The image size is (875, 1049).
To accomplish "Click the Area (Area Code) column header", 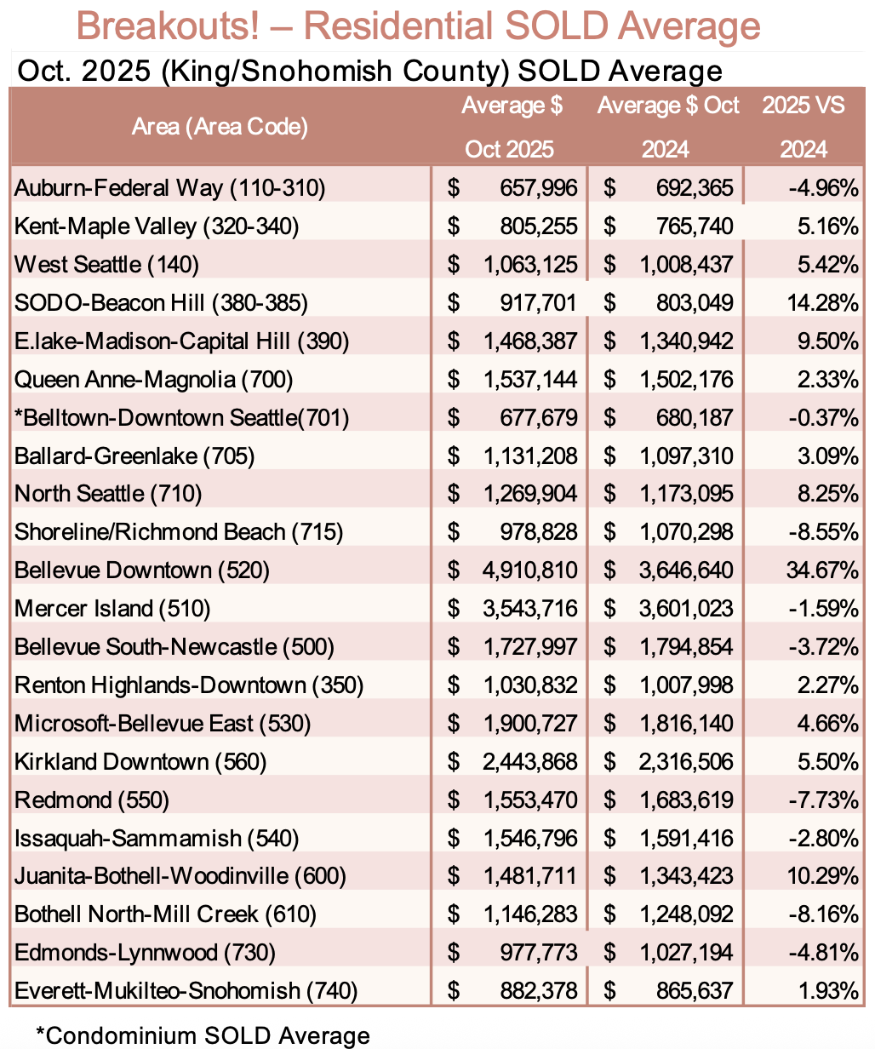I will pos(220,128).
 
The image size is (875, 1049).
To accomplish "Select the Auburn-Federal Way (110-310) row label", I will pos(169,187).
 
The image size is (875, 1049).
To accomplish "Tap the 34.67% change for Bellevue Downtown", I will pos(824,570).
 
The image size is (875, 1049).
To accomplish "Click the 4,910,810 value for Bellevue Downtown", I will pos(529,570).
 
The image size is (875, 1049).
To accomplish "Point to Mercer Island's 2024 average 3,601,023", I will pos(684,608).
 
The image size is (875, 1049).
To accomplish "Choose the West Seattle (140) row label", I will pos(106,264).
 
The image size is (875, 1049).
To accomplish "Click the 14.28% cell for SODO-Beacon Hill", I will pos(824,302).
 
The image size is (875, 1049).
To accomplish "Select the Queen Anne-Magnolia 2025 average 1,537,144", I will pos(529,379).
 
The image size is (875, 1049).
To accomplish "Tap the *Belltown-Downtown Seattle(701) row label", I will pos(181,417).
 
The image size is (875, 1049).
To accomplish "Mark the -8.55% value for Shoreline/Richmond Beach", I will pos(824,532).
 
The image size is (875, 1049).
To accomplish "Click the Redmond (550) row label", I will pos(92,800).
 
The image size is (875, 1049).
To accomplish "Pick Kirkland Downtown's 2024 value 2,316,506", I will pos(684,761).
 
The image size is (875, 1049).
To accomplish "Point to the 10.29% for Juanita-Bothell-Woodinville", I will pos(824,876).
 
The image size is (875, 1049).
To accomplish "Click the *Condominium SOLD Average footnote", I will pos(203,1035).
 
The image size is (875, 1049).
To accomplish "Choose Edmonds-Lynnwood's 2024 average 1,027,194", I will pos(684,953).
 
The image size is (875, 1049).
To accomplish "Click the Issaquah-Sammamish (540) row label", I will pos(157,838).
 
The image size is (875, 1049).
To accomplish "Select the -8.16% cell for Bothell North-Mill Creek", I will pos(824,914).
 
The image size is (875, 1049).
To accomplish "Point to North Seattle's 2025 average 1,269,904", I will pos(529,494).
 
